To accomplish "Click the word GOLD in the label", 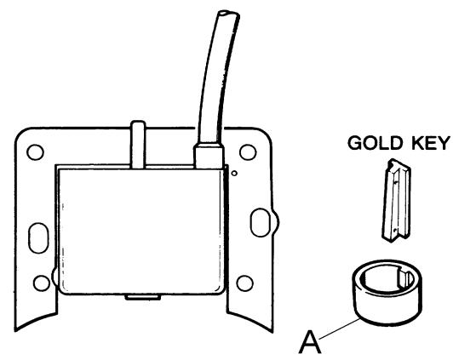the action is click(x=375, y=143).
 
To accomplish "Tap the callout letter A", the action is click(x=310, y=342).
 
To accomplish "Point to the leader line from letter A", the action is click(x=341, y=328).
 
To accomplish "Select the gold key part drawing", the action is click(x=397, y=200).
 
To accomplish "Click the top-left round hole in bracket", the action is click(x=35, y=152).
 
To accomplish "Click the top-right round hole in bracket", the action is click(x=248, y=152).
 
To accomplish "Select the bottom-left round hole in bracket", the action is click(x=42, y=283).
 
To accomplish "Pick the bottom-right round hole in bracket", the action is click(x=244, y=283).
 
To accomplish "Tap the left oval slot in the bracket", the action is click(x=38, y=238).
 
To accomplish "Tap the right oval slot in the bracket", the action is click(x=260, y=223).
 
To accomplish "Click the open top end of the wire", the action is click(x=228, y=14).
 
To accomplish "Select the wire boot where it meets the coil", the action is click(x=209, y=155).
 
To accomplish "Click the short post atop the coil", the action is click(x=138, y=145).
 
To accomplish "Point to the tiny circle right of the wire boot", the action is click(x=235, y=174).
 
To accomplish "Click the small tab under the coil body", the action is click(x=143, y=297).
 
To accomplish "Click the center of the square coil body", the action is click(x=141, y=231).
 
